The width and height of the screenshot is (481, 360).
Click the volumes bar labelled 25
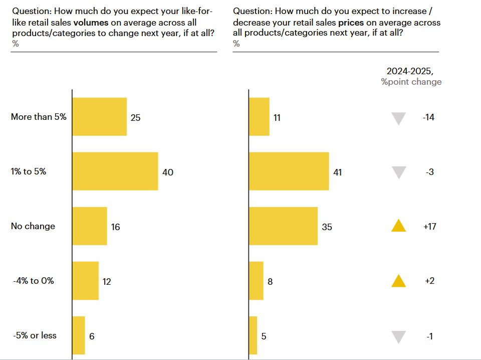point(100,117)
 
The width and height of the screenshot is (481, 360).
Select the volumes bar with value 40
point(115,171)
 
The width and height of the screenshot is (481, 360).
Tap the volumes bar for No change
point(90,226)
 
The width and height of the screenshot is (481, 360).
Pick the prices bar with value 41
point(289,171)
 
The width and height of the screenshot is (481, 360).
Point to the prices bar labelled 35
point(284,226)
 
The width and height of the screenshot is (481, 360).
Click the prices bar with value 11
point(259,117)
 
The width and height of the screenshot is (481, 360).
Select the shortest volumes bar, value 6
point(79,335)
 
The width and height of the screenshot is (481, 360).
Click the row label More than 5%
point(39,117)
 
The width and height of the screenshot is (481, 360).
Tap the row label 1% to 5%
point(29,171)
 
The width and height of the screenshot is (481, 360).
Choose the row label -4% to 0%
point(34,281)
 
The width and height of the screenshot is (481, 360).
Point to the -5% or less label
point(35,335)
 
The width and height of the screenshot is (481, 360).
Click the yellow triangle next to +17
point(398,226)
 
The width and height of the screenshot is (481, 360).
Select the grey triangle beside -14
point(398,118)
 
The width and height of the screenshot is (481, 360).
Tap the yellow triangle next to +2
point(398,281)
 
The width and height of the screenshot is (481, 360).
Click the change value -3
point(429,172)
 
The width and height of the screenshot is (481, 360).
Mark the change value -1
point(429,336)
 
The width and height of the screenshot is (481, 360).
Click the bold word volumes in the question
point(91,23)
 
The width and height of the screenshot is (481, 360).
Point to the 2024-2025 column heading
point(410,71)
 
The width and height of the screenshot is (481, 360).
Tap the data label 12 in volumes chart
point(107,281)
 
